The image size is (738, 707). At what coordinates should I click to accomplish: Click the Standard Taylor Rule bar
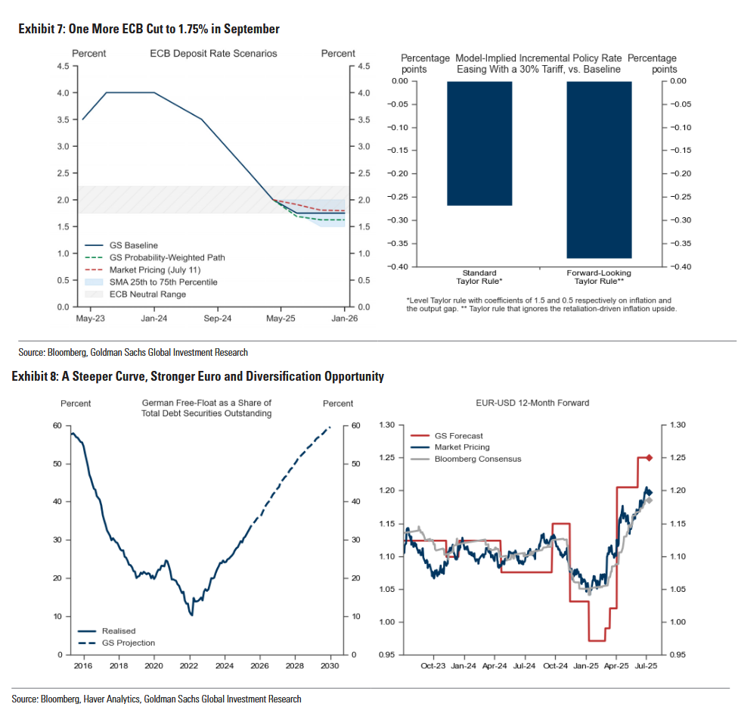coord(479,143)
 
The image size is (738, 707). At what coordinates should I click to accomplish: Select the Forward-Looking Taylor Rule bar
coord(600,170)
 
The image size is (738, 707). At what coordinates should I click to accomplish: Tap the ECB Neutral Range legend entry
coord(147,294)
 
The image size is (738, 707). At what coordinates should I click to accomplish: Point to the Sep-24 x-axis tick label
coord(217,319)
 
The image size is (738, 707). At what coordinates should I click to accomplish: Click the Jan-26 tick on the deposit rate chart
coord(345,319)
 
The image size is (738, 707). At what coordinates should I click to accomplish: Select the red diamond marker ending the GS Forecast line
coord(648,458)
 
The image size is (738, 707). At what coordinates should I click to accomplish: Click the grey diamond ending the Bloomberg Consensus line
coord(649,500)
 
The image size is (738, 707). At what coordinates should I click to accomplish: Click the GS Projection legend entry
coord(128,643)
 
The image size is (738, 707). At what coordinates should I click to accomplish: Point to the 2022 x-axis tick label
coord(189,665)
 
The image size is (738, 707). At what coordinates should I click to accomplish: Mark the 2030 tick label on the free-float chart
coord(330,665)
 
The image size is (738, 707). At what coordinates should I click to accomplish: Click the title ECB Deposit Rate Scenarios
coord(213,54)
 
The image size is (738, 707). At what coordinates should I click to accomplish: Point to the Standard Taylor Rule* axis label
coord(479,276)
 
